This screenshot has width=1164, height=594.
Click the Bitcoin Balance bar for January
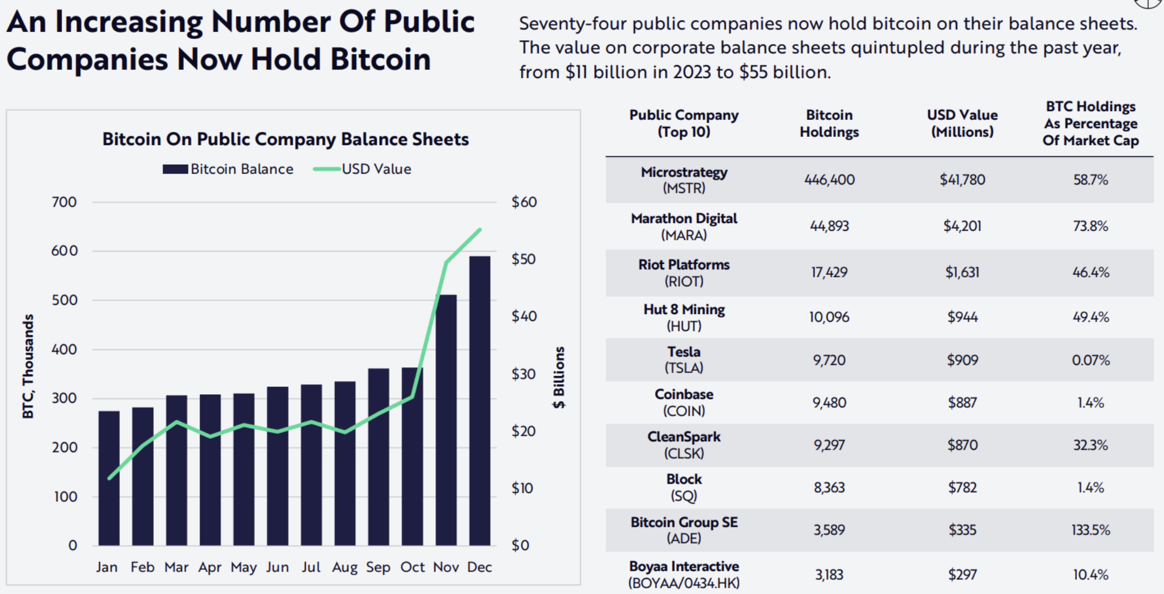[109, 478]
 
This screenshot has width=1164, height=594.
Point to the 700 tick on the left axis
[64, 202]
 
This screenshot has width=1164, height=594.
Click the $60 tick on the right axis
[524, 202]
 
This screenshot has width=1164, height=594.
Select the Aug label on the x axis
[344, 567]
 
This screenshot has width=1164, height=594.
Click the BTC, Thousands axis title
[28, 366]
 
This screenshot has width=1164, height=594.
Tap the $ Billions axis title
[559, 377]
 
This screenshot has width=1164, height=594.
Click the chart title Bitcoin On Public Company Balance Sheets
[285, 139]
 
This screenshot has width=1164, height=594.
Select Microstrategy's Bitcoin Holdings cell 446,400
[829, 180]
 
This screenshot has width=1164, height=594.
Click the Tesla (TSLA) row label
[684, 360]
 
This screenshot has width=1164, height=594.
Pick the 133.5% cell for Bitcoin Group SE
[1091, 530]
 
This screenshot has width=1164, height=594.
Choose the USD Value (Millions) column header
[962, 123]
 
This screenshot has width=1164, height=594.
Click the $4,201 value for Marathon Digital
[962, 226]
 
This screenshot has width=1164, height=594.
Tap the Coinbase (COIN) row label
[684, 402]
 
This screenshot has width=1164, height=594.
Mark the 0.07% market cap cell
[1091, 360]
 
